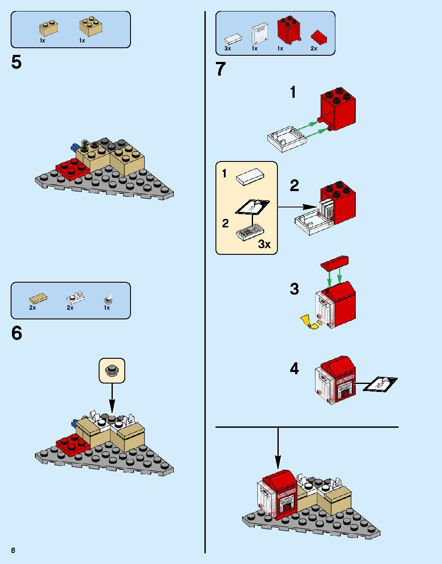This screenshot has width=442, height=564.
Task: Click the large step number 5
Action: coord(16,62)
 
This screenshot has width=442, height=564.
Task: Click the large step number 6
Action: coord(16,333)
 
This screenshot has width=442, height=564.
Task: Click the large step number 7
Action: coord(220,69)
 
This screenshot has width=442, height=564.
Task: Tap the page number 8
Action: coord(14,550)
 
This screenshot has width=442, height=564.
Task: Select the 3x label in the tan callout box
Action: coord(264,244)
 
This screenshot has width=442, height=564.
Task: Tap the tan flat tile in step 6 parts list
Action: coord(38,299)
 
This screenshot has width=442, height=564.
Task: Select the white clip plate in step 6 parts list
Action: coord(75,297)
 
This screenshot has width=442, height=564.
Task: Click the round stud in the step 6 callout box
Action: coord(112,370)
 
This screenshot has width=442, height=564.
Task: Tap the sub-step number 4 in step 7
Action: coord(294,368)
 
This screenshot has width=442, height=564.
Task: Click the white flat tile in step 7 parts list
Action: coord(233,38)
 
